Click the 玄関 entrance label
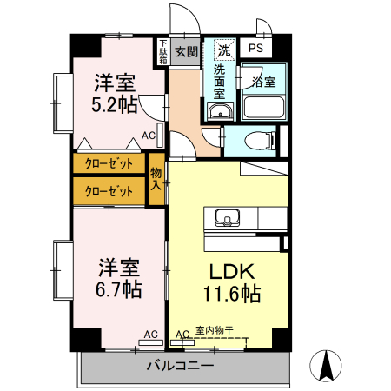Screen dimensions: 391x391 (186, 51)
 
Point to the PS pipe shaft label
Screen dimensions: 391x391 (256, 50)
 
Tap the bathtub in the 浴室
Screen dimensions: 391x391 (263, 108)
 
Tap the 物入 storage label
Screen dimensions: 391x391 (157, 178)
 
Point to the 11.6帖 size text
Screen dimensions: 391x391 (232, 294)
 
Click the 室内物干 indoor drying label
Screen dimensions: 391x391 (214, 330)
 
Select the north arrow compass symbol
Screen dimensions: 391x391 (329, 365)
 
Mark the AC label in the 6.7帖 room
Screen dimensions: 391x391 (150, 334)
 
